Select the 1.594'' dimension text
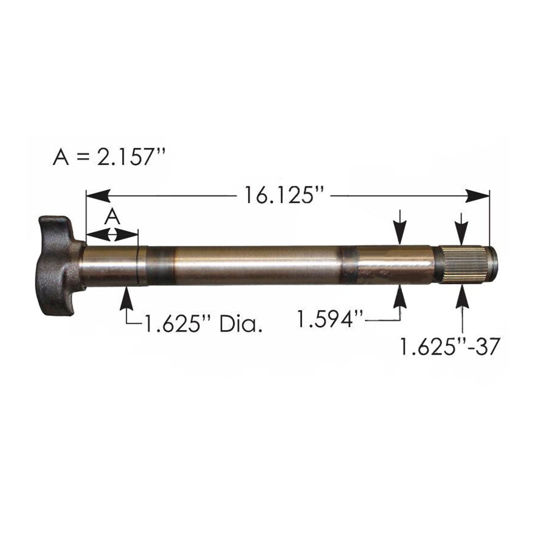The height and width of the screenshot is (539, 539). pos(330,318)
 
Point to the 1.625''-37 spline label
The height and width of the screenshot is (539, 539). pos(448,346)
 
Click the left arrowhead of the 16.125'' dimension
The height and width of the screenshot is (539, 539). pos(98,196)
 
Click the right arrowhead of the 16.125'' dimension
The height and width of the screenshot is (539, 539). pos(478,196)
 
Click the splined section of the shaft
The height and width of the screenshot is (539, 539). pos(462,265)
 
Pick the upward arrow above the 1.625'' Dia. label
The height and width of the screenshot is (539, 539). pos(126,300)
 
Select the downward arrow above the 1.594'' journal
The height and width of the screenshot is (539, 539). pos(401,232)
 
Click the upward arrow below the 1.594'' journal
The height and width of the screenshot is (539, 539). pos(401,297)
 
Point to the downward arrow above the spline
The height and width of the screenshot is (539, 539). pos(462,232)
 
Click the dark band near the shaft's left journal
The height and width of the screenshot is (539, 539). pos(160,265)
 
